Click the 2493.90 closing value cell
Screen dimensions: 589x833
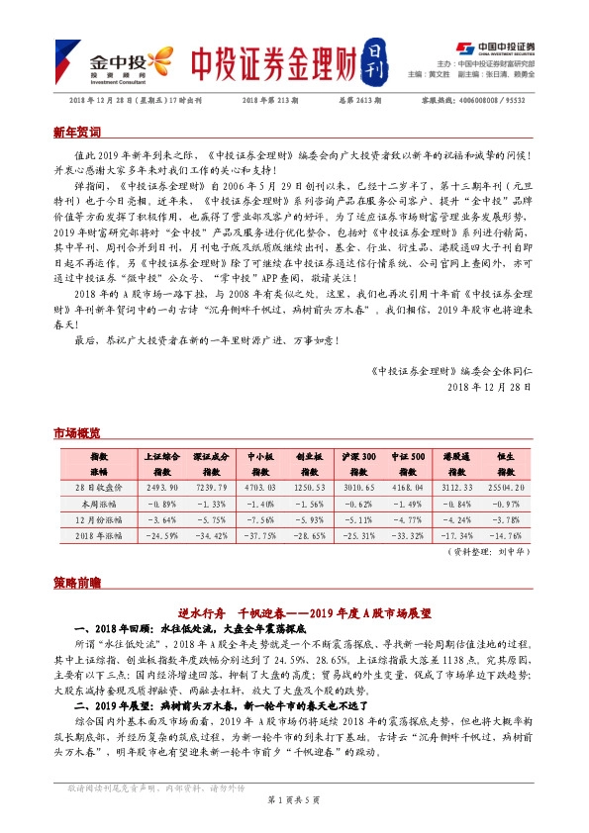coord(160,489)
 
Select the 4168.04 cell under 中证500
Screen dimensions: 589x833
coord(409,489)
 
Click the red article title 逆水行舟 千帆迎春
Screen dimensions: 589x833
coord(293,612)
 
